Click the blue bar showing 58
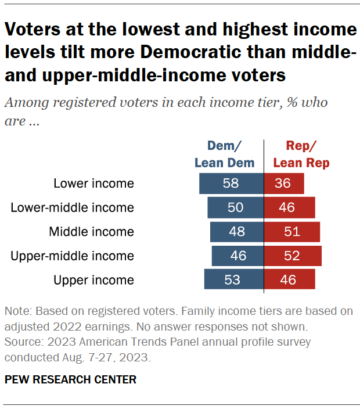coord(231,184)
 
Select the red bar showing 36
coord(284,184)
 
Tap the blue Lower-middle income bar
coord(235,207)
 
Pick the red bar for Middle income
coord(292,232)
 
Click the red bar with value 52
coord(293,256)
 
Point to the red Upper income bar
coord(290,279)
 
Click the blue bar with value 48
coord(237,232)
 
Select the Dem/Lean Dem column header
coord(224,155)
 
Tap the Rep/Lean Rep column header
coord(301,155)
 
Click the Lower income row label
coord(93,184)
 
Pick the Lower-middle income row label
coord(72,207)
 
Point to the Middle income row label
coord(91,232)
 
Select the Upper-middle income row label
coord(72,256)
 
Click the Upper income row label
coord(93,279)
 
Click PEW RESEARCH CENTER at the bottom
coord(70,380)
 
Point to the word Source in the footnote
coord(20,342)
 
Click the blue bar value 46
coord(238,256)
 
